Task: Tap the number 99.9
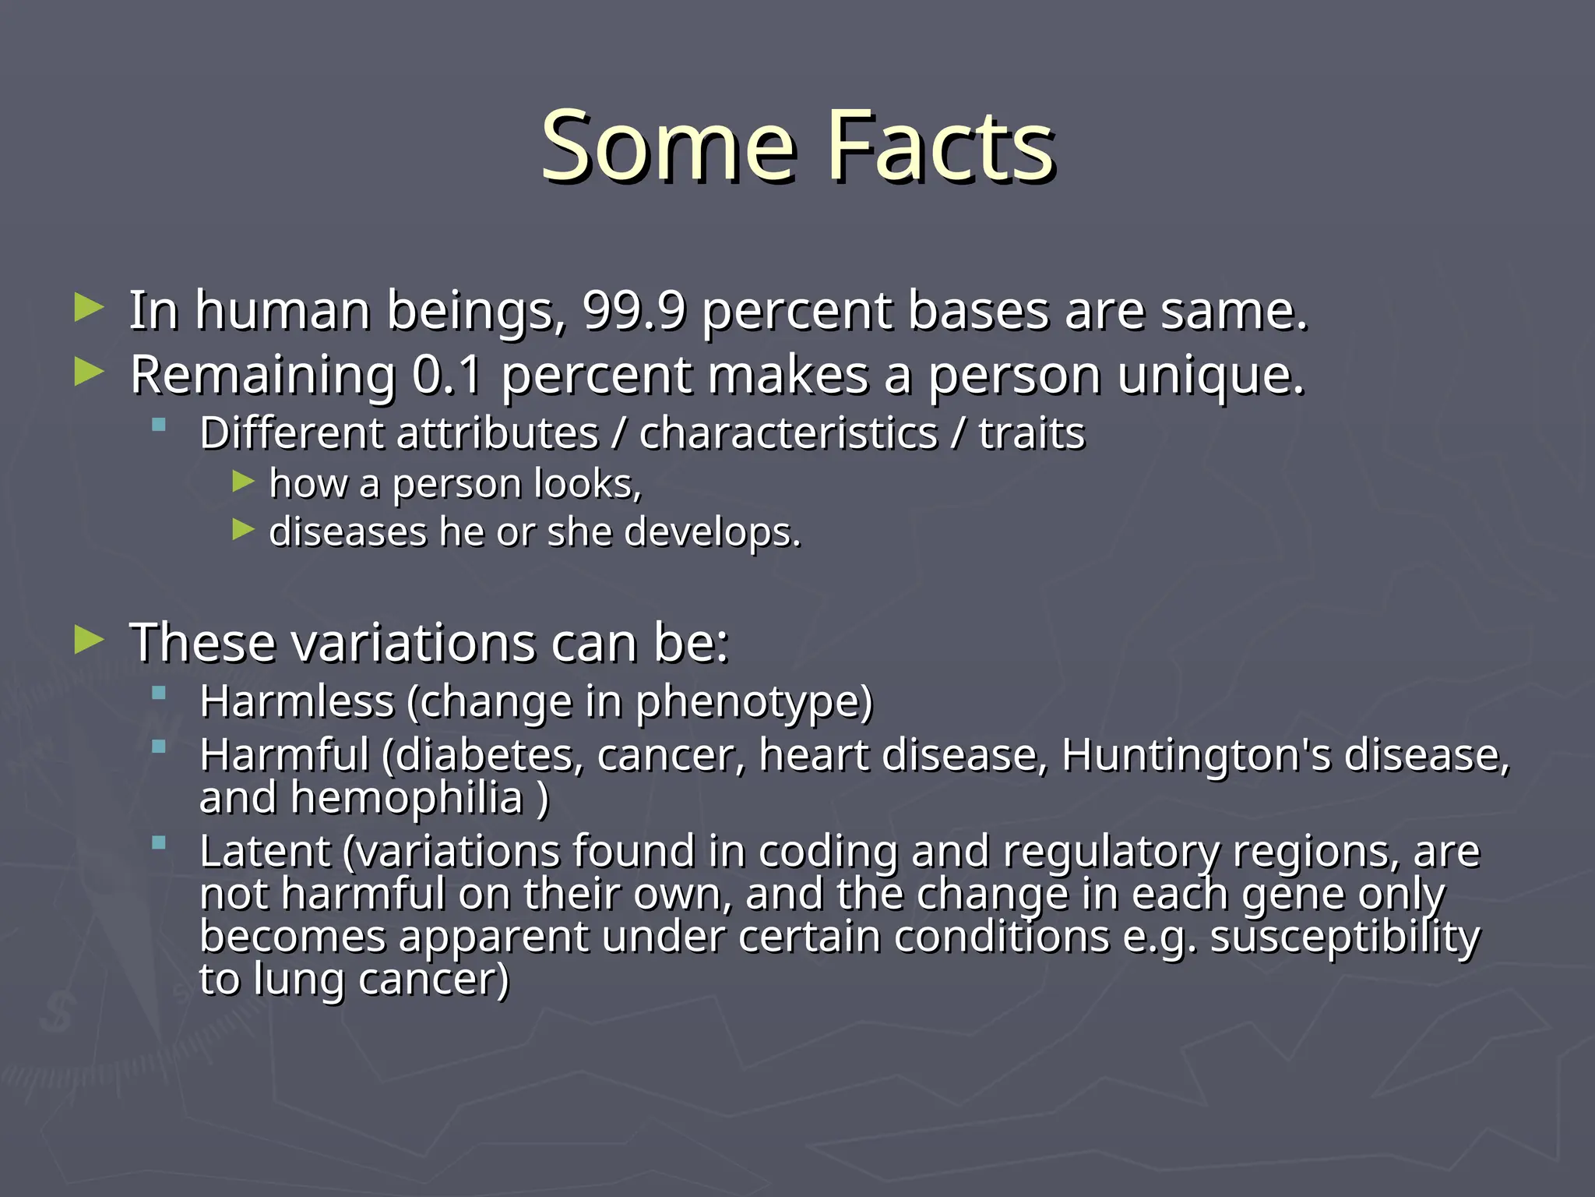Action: click(x=634, y=311)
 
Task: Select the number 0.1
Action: click(x=447, y=376)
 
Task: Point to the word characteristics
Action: click(x=788, y=433)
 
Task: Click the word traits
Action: click(x=1031, y=433)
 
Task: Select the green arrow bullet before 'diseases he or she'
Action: click(x=243, y=530)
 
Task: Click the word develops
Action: click(x=712, y=533)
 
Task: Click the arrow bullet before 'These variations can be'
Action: click(x=89, y=641)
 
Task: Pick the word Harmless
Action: click(x=297, y=701)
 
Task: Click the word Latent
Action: click(x=265, y=851)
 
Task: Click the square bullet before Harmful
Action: click(x=160, y=747)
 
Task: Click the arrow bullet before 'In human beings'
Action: click(x=89, y=308)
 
